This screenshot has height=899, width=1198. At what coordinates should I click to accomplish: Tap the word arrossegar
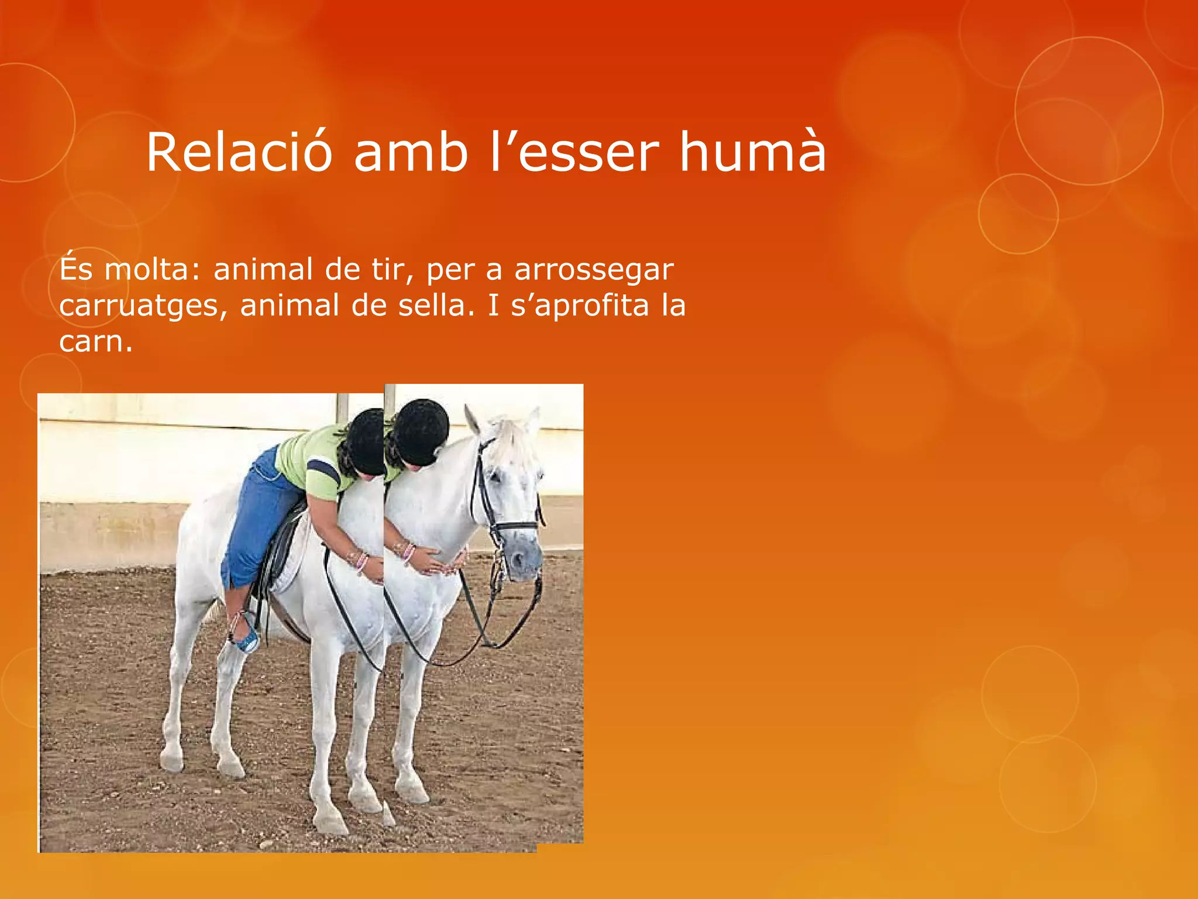point(594,270)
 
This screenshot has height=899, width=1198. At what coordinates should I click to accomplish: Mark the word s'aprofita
point(580,306)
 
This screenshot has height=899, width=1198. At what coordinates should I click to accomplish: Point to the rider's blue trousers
point(257,515)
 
